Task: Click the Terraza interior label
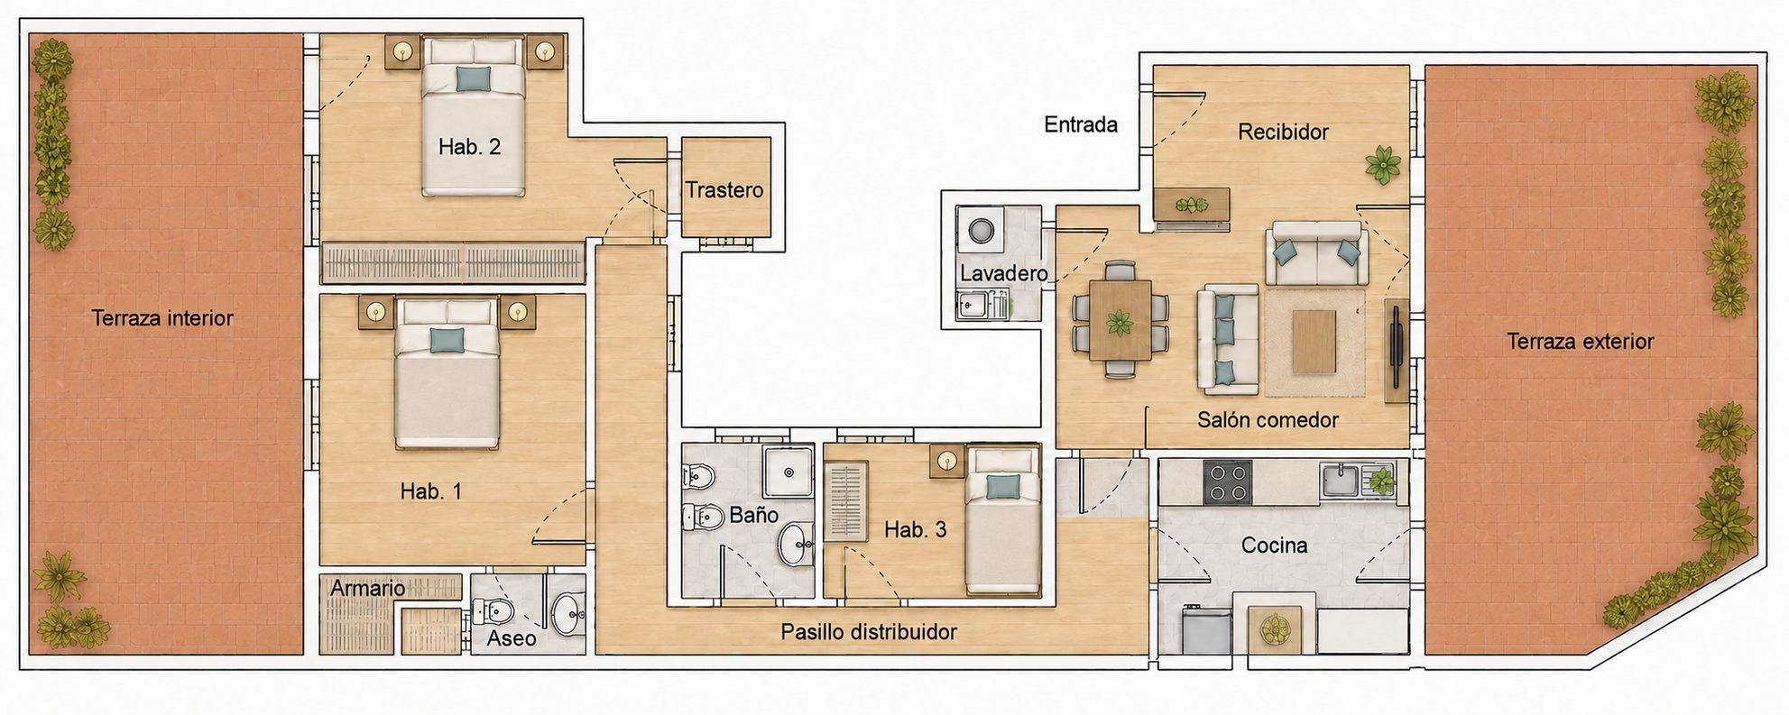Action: [162, 318]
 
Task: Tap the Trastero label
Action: [724, 190]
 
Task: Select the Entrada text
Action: [1081, 124]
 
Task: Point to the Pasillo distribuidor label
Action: [869, 632]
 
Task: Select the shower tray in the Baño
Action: [790, 471]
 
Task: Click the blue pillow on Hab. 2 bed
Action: [474, 78]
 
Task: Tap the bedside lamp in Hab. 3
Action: [946, 462]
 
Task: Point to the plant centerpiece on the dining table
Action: [1120, 322]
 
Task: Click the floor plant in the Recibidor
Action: [1383, 165]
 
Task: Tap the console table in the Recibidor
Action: [1193, 204]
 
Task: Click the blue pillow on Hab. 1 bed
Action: [447, 339]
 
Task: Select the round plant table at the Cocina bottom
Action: [1275, 628]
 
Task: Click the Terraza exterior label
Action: [1581, 342]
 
